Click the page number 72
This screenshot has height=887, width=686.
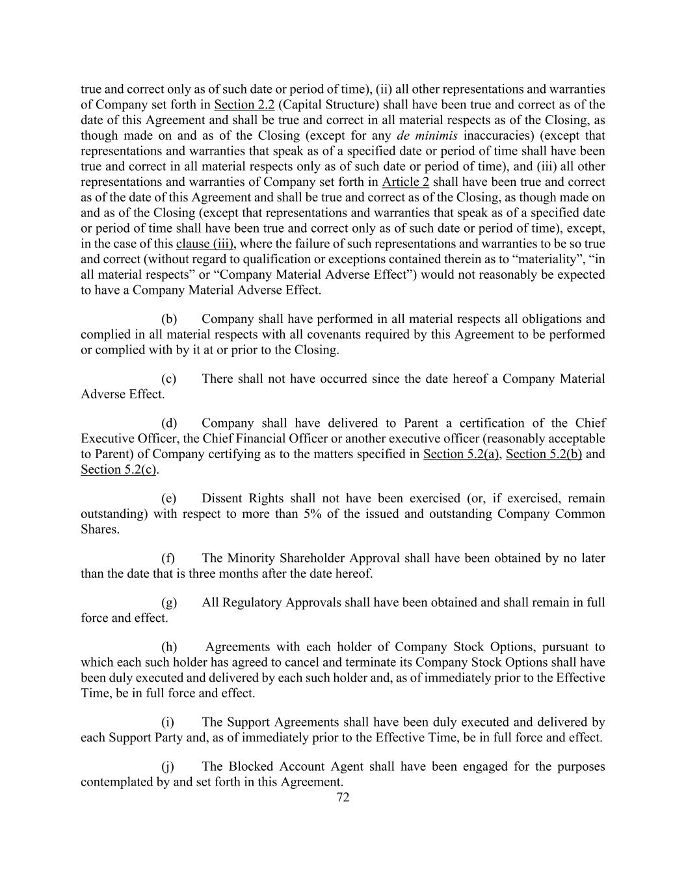[x=343, y=797]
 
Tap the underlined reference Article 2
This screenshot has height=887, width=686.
[x=405, y=182]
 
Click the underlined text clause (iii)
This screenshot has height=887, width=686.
[x=204, y=244]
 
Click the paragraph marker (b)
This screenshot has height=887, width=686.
[x=169, y=319]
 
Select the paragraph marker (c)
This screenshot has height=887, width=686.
[x=169, y=379]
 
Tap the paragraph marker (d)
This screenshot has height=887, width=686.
[x=169, y=423]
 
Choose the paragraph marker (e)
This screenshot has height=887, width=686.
[x=169, y=498]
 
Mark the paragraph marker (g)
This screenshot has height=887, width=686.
[x=169, y=602]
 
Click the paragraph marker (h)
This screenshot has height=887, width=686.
[x=169, y=647]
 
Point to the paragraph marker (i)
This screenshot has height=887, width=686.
[x=168, y=722]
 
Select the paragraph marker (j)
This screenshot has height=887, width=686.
[x=168, y=767]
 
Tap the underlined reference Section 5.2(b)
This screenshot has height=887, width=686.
[x=544, y=454]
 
